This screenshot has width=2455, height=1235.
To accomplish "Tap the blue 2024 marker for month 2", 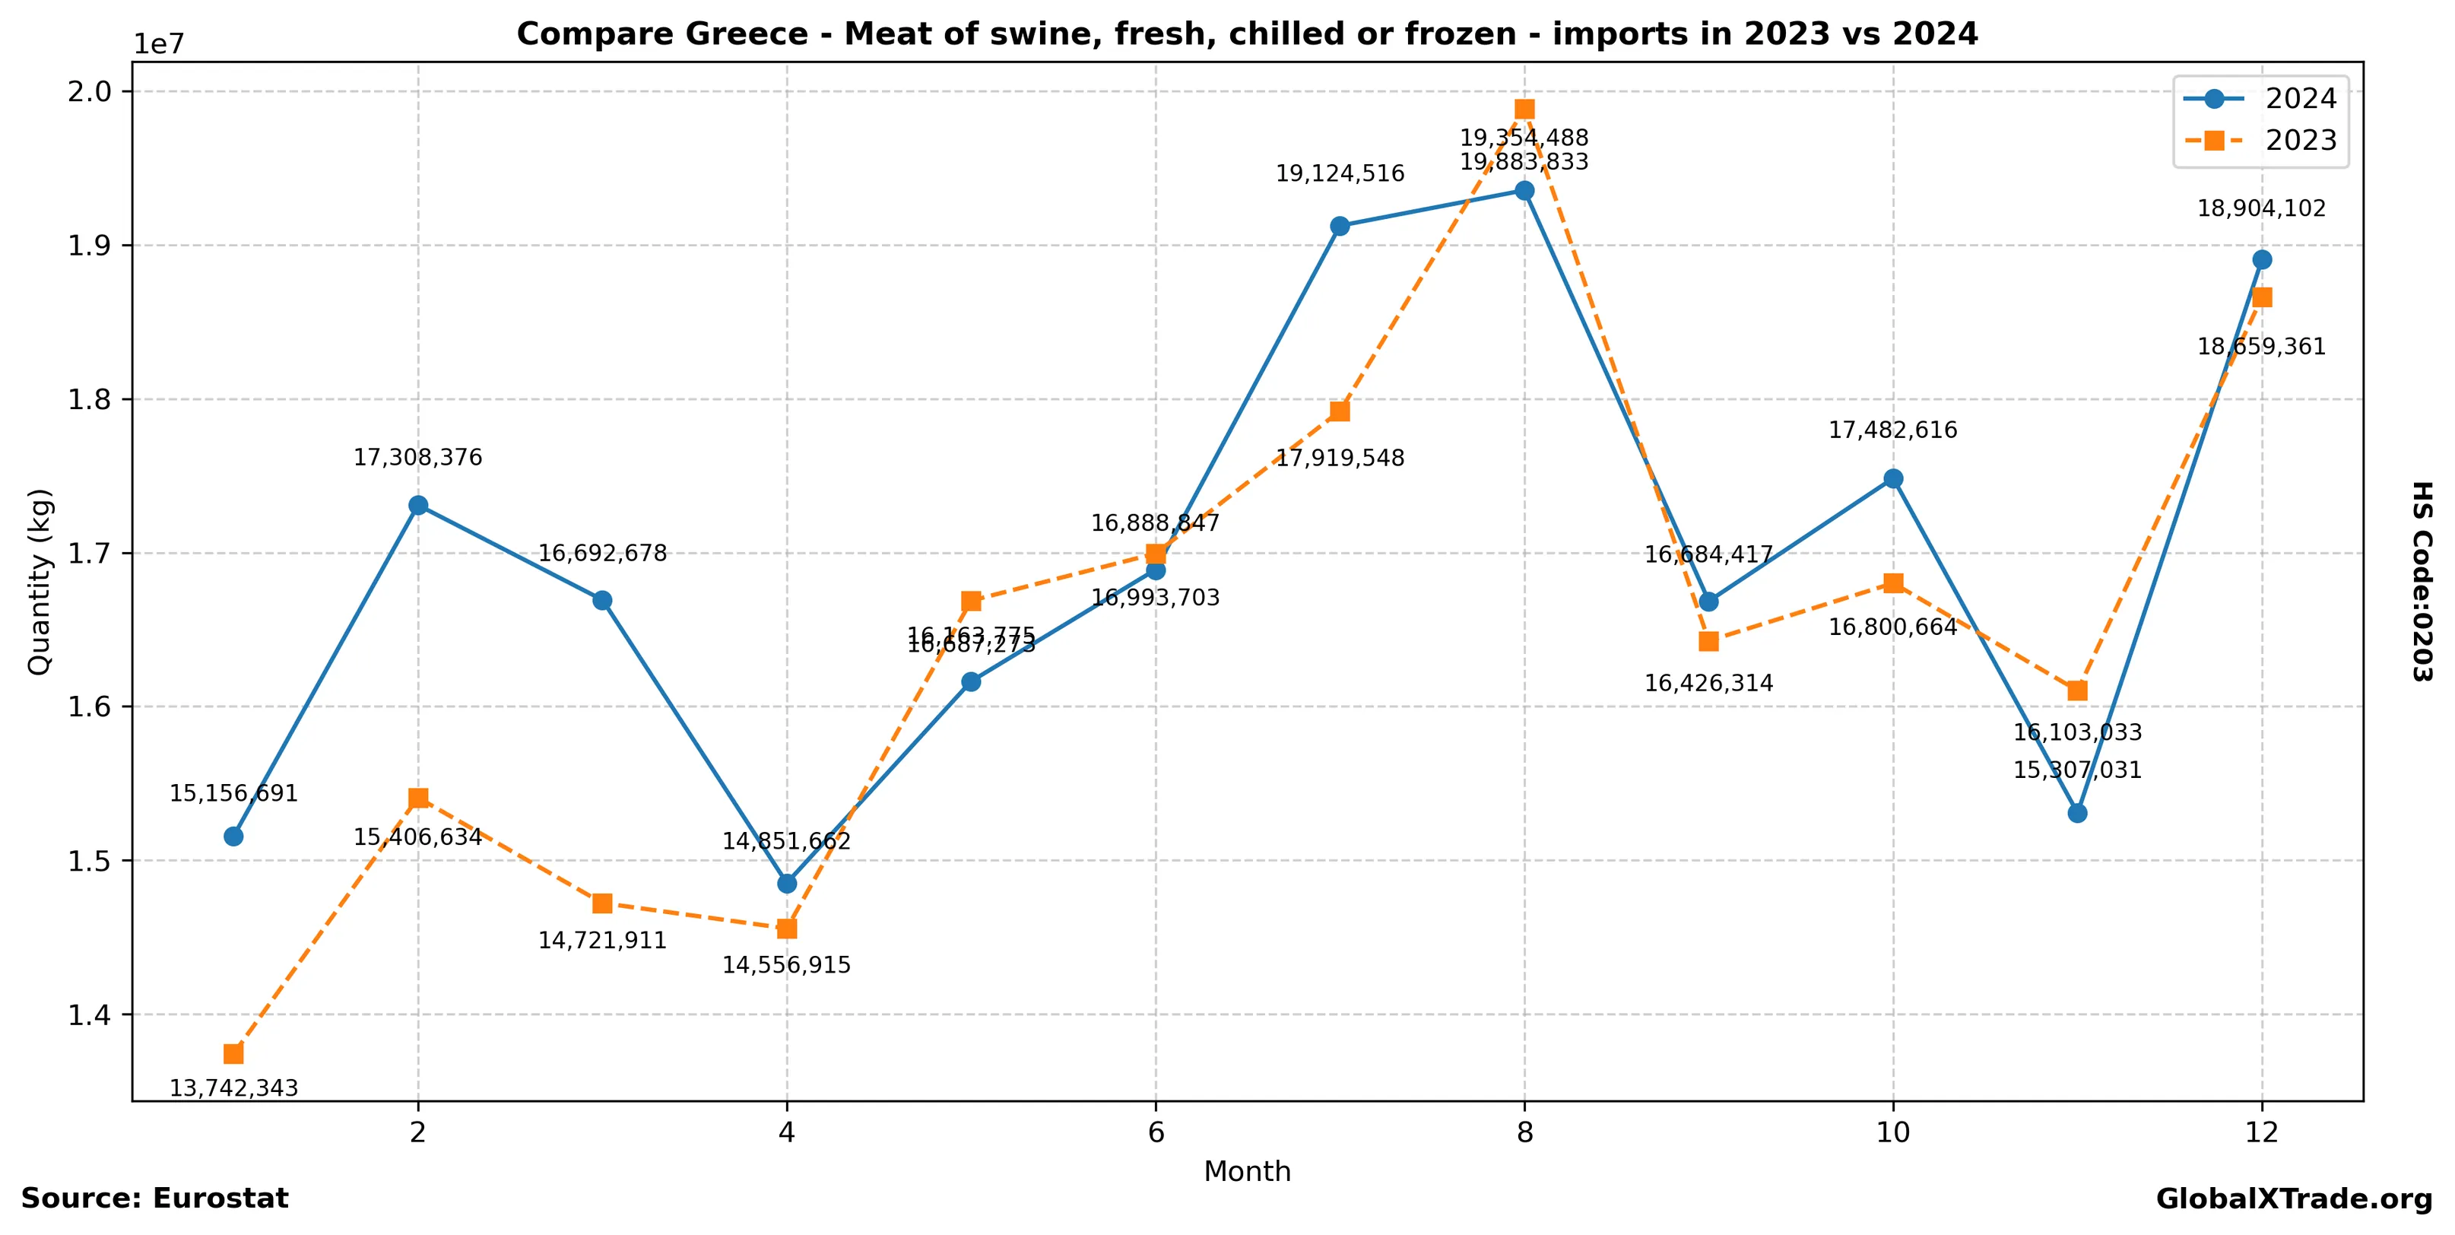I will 417,505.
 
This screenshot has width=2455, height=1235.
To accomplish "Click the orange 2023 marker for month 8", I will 1524,109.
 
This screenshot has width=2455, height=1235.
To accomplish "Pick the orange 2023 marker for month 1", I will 233,1054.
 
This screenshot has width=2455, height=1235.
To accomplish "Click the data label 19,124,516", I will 1339,173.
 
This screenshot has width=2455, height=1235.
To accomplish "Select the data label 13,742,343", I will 233,1088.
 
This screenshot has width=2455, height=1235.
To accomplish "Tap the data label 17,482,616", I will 1892,430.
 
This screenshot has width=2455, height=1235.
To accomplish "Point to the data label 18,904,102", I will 2260,208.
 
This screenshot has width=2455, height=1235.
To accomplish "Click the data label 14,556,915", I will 786,965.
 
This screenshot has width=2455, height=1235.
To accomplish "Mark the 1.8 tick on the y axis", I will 87,400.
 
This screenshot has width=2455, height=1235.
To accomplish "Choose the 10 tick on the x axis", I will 1892,1133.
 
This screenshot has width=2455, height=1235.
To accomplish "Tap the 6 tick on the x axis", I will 1155,1133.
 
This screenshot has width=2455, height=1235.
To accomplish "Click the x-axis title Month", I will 1247,1172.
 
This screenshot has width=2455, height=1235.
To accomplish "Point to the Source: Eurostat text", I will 154,1198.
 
